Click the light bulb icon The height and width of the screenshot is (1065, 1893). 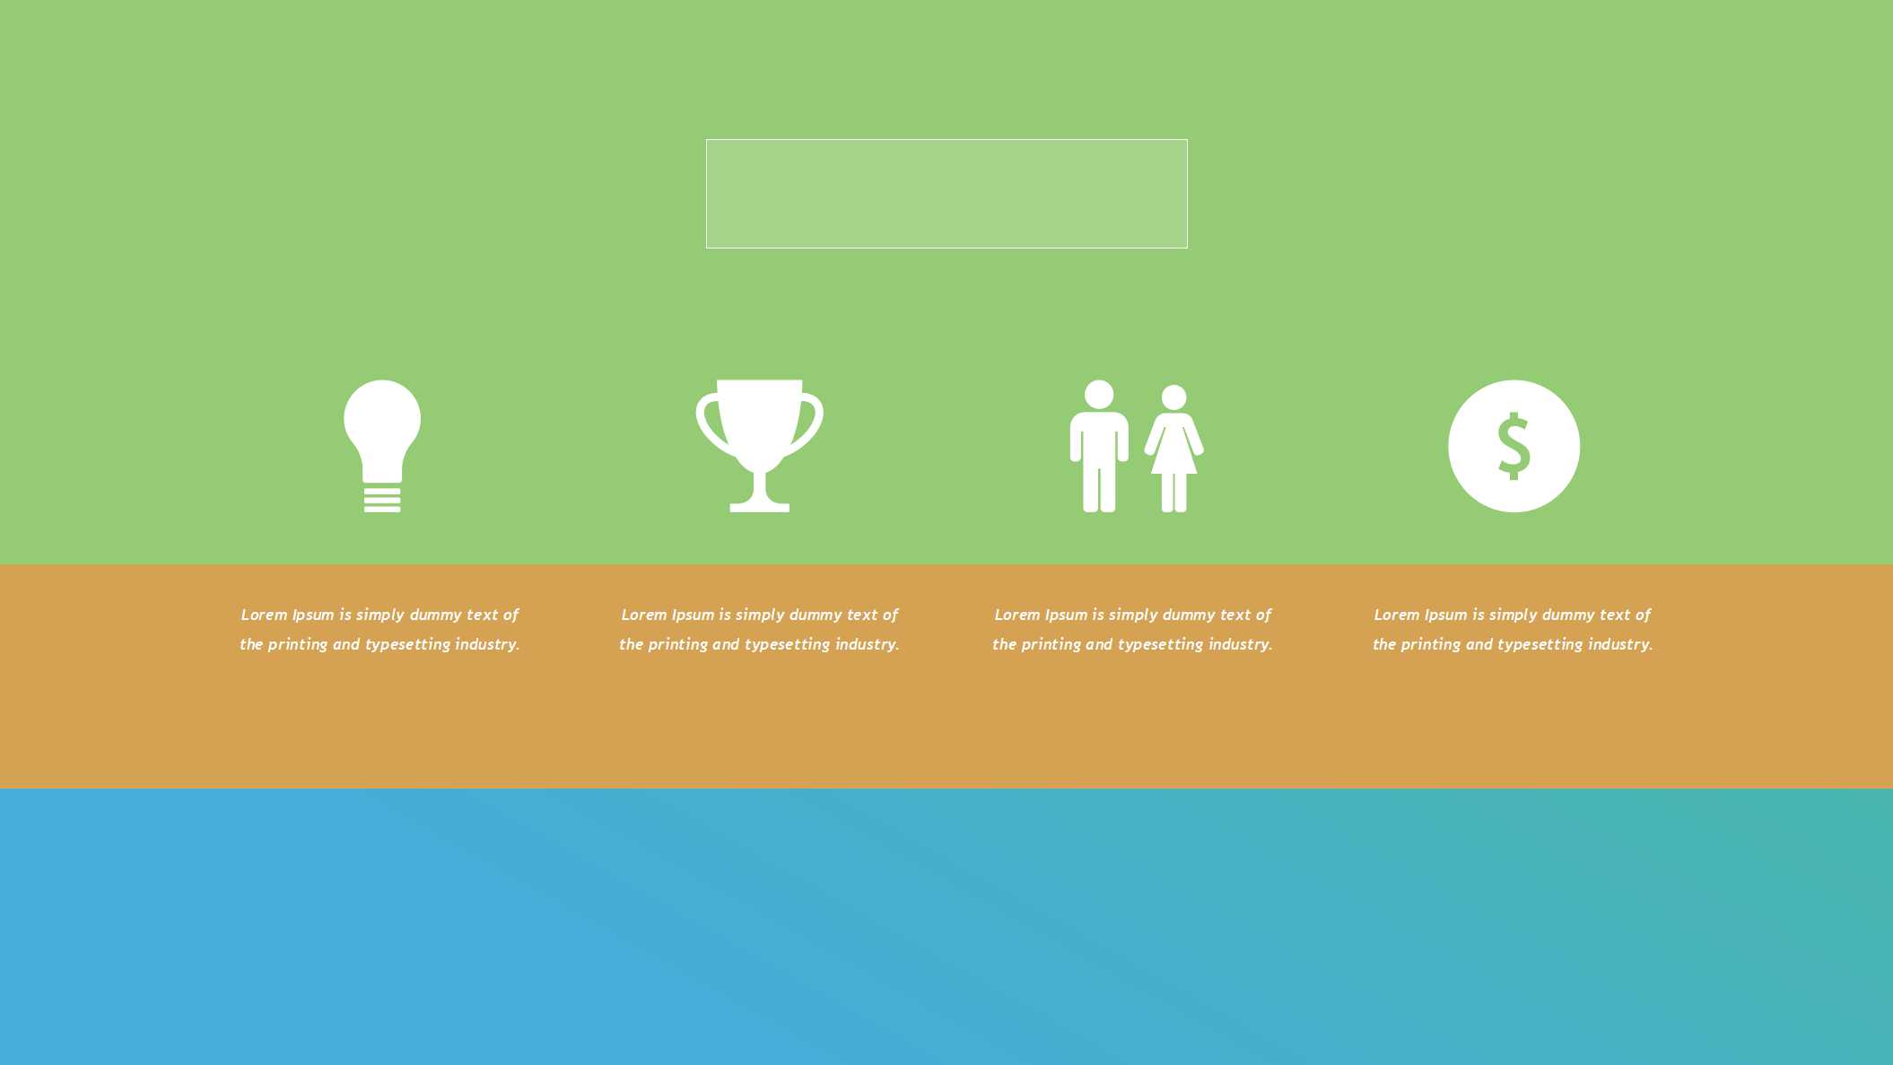point(382,446)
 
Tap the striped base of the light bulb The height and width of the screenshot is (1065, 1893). point(382,499)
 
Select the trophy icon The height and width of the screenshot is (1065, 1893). point(759,446)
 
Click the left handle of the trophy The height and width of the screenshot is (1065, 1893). point(709,422)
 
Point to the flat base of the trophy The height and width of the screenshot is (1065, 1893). point(760,507)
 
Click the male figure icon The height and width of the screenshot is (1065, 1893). point(1099,446)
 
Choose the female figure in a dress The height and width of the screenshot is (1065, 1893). point(1174,449)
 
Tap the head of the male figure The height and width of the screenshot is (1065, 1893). point(1099,395)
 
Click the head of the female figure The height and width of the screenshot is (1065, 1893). point(1174,397)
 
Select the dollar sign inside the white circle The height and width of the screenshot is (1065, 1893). point(1514,446)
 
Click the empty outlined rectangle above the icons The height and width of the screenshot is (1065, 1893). point(946,140)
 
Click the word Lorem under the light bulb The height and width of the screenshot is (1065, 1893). point(264,615)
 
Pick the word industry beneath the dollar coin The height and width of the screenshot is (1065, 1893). point(1620,644)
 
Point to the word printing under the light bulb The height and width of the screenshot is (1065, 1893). point(297,645)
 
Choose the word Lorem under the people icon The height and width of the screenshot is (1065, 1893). point(1017,615)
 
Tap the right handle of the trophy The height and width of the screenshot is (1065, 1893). point(810,422)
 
